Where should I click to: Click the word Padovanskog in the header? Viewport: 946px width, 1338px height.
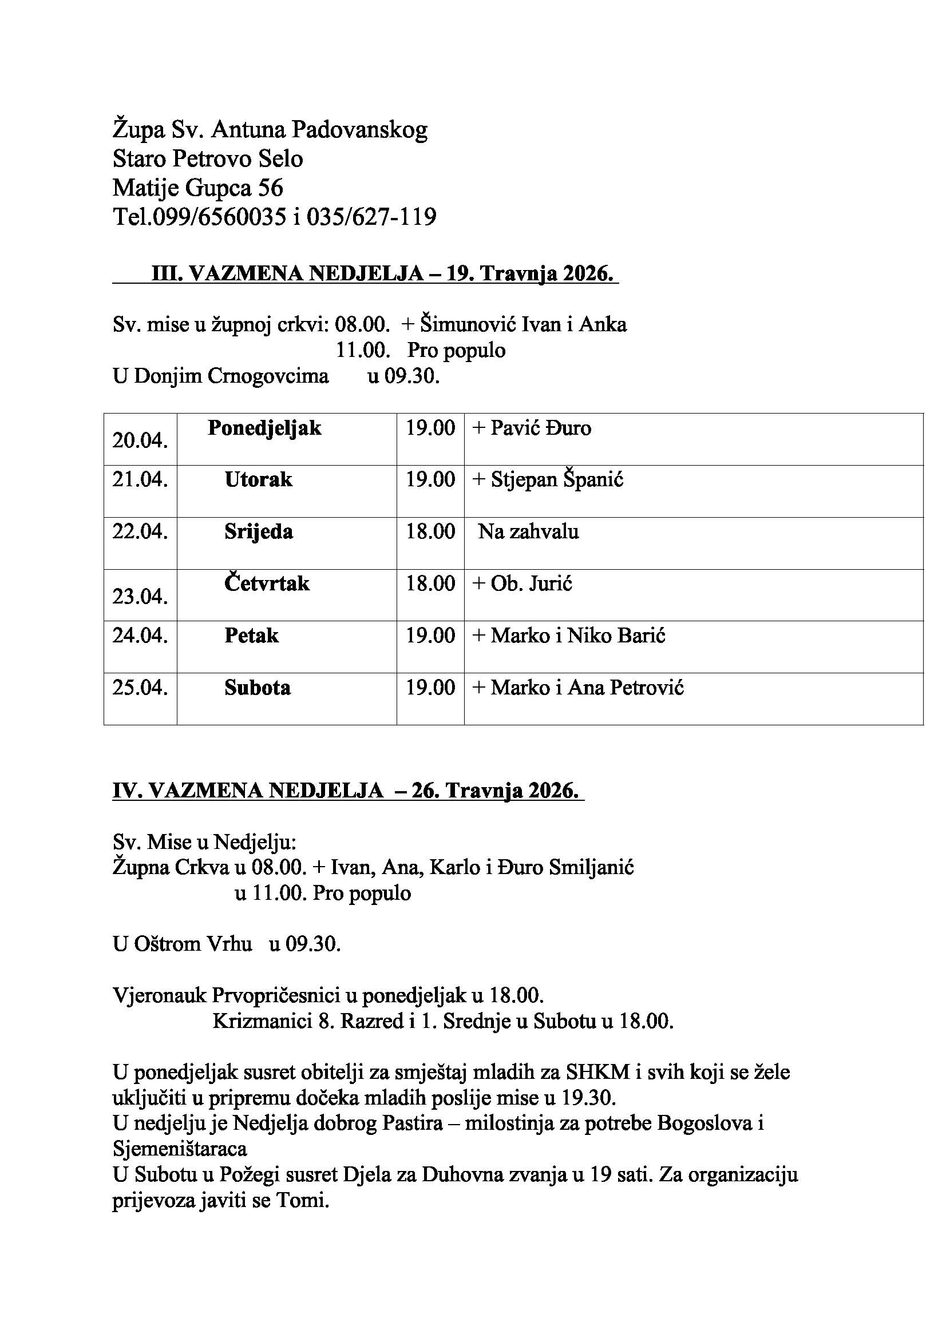(x=359, y=129)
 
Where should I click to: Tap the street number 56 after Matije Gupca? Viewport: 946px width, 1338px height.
(x=270, y=188)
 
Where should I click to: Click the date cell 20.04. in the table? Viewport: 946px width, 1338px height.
(x=140, y=440)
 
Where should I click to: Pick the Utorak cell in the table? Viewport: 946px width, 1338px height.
(x=258, y=479)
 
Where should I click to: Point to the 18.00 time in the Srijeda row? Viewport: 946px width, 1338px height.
(x=430, y=531)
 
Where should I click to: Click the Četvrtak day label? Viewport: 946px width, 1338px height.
(x=267, y=583)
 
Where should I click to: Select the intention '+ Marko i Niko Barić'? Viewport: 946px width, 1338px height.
(x=569, y=635)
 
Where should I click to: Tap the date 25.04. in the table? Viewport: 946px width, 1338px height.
(x=140, y=688)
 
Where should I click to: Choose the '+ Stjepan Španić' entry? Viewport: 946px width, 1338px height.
(x=548, y=479)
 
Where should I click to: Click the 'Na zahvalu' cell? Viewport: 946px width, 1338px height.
(x=528, y=531)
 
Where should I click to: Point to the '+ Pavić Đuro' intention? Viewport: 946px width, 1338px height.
(x=532, y=428)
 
